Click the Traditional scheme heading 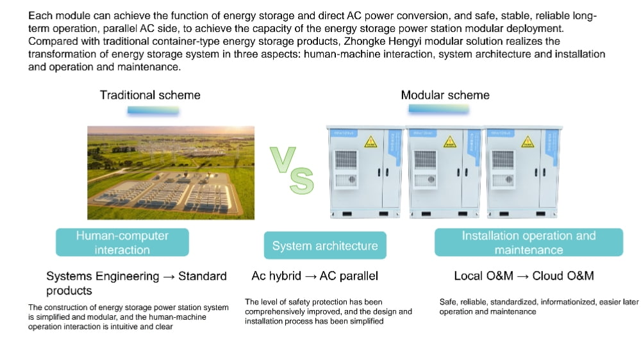150,95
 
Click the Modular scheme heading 445,95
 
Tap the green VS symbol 292,170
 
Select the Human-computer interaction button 122,242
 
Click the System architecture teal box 325,245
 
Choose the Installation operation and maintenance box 529,242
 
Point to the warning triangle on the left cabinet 370,142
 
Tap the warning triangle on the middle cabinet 450,142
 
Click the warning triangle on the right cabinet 528,142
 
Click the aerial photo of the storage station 171,173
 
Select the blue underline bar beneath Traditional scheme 153,110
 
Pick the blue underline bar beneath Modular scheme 438,109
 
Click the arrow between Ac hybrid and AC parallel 310,277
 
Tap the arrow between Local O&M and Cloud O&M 523,277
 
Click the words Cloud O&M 563,276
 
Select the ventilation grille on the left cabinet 346,160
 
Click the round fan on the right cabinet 508,179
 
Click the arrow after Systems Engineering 169,277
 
